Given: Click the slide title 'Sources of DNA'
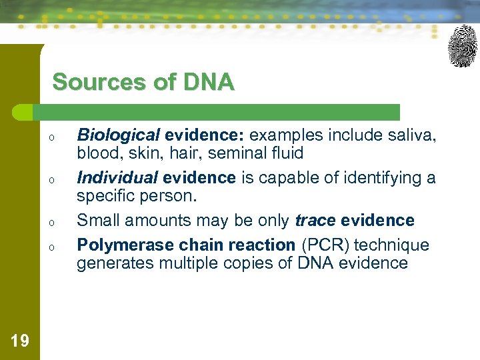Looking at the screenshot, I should pyautogui.click(x=143, y=83).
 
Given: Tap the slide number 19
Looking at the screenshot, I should pyautogui.click(x=20, y=341).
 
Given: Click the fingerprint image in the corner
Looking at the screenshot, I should pyautogui.click(x=462, y=45).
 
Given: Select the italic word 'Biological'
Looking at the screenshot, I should pyautogui.click(x=118, y=135).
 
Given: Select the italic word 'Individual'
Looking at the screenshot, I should pyautogui.click(x=118, y=178).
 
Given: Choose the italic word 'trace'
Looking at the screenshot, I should pyautogui.click(x=315, y=221).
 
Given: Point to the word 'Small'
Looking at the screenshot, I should pyautogui.click(x=98, y=221).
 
